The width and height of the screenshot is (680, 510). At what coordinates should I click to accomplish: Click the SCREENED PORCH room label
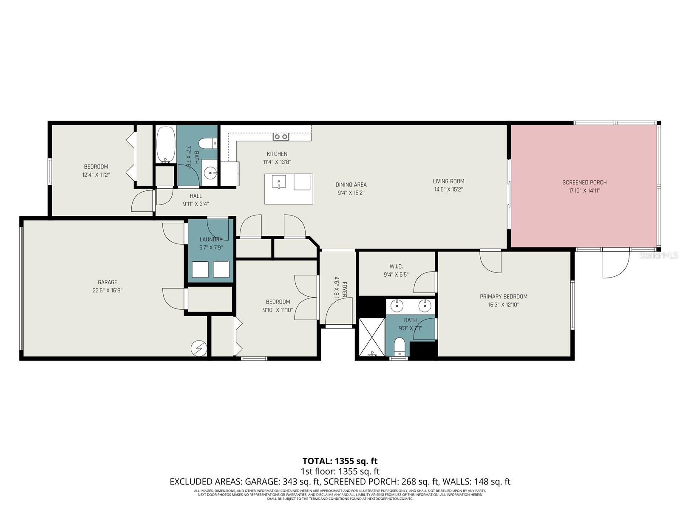[584, 182]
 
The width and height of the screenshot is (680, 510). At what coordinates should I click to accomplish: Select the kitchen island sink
[279, 181]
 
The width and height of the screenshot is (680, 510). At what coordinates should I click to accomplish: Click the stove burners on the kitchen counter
[281, 136]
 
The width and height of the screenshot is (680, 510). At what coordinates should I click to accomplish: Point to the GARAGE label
[107, 282]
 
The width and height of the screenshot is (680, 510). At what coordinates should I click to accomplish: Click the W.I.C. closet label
[396, 266]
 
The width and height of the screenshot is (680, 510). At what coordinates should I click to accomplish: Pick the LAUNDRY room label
[211, 240]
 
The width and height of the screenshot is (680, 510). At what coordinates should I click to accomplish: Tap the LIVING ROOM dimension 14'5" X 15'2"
[448, 190]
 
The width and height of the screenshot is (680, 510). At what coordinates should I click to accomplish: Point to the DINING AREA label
[351, 184]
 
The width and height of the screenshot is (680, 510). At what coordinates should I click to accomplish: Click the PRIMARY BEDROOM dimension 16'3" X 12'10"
[504, 305]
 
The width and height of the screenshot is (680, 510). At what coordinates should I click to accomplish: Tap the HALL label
[196, 196]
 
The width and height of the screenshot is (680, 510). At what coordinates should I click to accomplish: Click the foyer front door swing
[339, 312]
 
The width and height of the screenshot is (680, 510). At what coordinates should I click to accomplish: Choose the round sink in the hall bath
[210, 173]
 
